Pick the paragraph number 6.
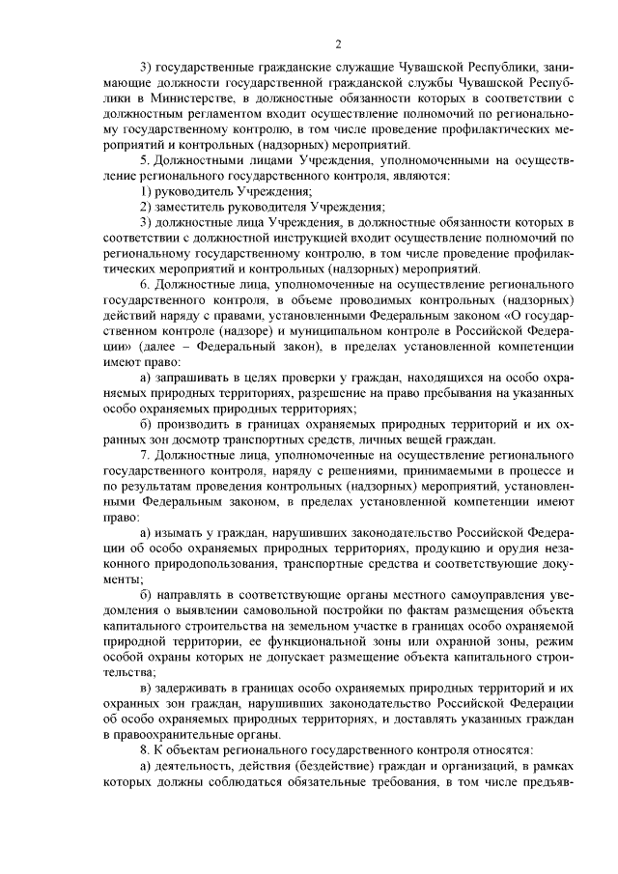pyautogui.click(x=145, y=287)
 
